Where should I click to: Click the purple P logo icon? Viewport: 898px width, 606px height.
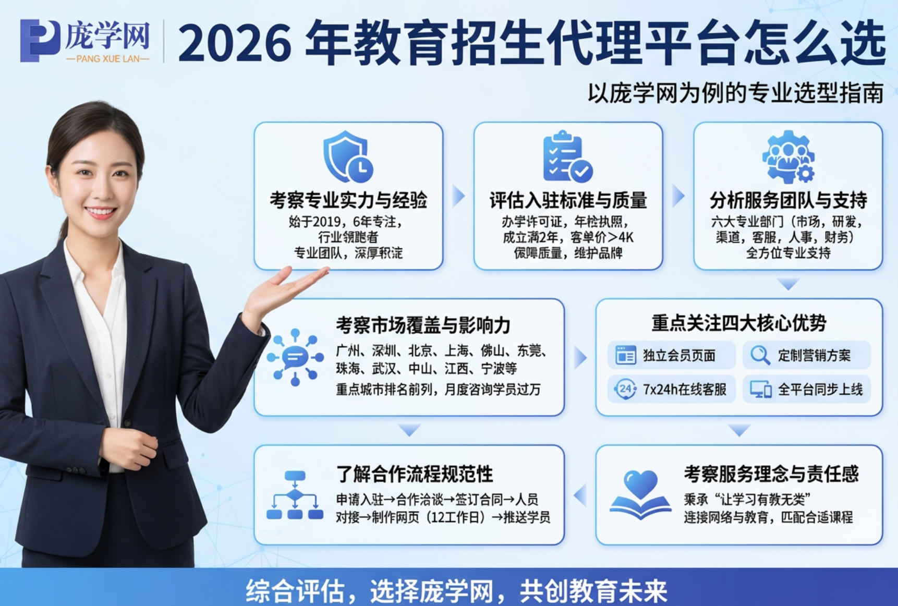39,40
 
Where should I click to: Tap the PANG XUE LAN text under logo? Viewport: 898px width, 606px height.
107,59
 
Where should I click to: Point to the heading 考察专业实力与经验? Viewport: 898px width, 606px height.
348,200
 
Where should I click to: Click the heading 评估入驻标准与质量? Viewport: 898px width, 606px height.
568,200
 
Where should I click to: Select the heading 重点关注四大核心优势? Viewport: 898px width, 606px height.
738,323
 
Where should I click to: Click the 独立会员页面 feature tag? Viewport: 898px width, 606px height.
671,356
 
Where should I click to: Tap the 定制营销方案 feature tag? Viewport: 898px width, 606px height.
806,356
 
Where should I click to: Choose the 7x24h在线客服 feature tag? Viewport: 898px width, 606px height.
671,389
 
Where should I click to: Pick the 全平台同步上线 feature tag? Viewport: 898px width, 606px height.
806,389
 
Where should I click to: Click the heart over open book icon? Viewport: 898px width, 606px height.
640,494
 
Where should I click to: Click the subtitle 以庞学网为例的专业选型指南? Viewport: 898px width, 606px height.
735,93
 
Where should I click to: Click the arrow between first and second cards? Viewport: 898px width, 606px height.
458,196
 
